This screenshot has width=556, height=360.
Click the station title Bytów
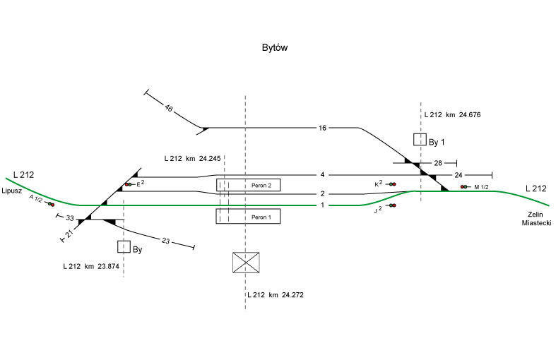pos(274,48)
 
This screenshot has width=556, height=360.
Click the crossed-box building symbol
pos(246,263)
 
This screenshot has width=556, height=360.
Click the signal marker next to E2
pos(128,185)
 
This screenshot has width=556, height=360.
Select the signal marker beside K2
pos(392,184)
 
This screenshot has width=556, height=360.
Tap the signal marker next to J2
pos(392,205)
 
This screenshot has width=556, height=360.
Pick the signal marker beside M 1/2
pos(463,187)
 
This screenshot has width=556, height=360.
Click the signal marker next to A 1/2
pos(51,205)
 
